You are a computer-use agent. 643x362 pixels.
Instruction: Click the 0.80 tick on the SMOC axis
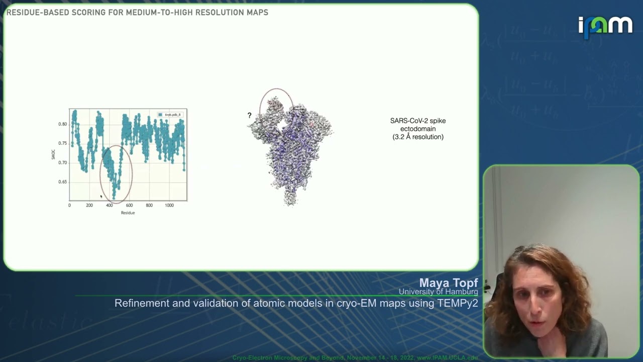point(62,124)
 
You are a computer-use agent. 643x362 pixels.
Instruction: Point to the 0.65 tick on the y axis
point(62,182)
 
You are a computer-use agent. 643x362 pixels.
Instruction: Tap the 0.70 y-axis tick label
point(62,162)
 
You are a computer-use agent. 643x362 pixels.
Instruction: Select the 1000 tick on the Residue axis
point(169,205)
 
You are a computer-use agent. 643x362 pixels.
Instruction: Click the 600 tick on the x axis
point(129,205)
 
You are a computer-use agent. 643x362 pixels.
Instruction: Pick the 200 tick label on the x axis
point(89,205)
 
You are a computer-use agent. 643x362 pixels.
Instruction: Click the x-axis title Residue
point(128,213)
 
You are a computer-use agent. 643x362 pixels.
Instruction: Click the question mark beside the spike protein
point(249,116)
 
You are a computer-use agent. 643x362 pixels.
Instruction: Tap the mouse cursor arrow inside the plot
point(101,196)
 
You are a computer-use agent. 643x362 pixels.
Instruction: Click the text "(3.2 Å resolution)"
point(418,137)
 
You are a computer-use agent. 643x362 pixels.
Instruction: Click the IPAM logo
point(605,26)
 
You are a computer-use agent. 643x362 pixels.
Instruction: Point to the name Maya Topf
point(449,283)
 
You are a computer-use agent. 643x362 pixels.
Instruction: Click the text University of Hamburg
point(438,292)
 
